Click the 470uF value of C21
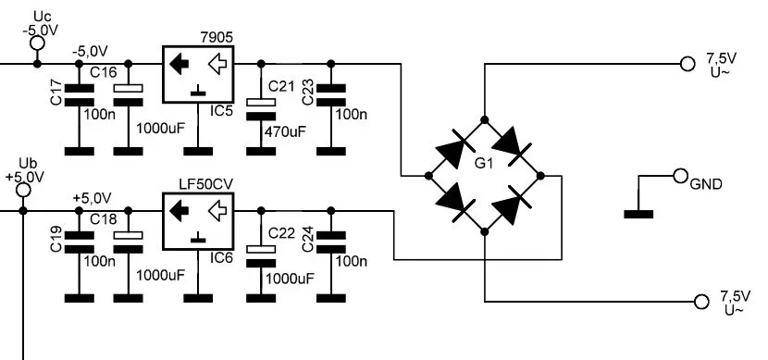(x=286, y=132)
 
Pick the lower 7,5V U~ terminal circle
(x=700, y=302)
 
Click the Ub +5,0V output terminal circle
(x=23, y=190)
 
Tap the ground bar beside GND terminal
(x=638, y=215)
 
